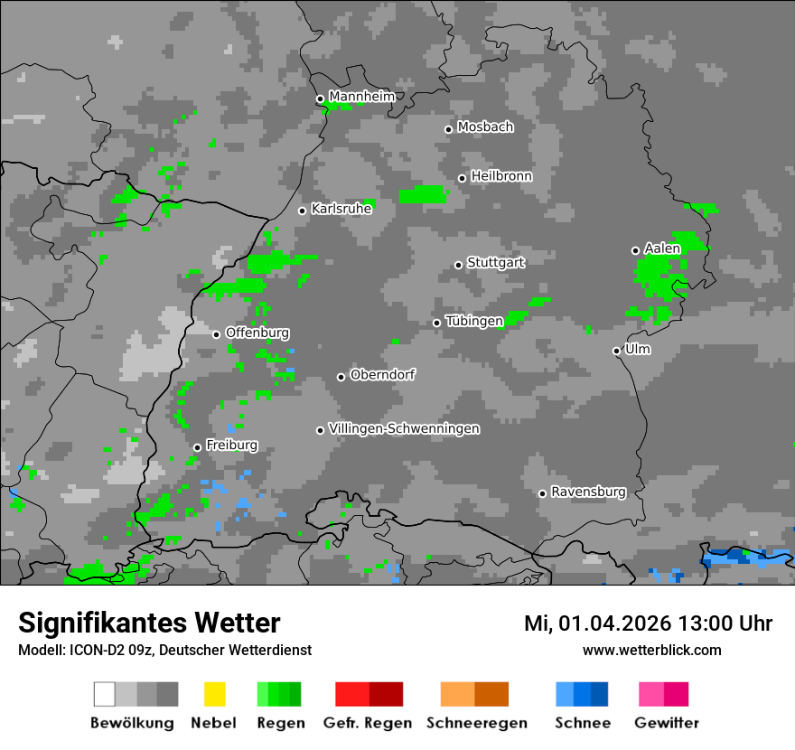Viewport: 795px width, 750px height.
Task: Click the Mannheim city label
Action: coord(361,97)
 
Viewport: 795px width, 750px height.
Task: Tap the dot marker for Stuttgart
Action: coord(458,265)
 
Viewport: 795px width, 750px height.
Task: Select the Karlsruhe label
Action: coord(341,209)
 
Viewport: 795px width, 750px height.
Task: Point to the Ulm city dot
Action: coord(616,351)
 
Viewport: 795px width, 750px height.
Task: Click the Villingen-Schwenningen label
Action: coord(404,428)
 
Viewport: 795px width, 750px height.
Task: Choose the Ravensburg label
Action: coord(588,492)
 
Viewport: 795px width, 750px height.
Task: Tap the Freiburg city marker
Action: coord(197,447)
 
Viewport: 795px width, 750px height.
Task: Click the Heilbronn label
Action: coord(501,176)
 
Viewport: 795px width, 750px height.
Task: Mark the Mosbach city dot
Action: coord(448,129)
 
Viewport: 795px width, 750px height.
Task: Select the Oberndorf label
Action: coord(382,374)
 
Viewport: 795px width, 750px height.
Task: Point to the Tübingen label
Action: coord(474,321)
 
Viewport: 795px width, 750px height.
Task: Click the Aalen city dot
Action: coord(635,250)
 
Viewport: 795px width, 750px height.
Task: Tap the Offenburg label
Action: coord(257,333)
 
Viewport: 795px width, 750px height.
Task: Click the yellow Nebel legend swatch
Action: coord(214,694)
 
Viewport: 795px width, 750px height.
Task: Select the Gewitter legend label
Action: coord(666,723)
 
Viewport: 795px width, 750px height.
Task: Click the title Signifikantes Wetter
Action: coord(149,623)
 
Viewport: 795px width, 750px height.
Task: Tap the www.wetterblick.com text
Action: coord(651,650)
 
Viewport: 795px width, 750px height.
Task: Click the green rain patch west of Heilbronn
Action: coord(422,194)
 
